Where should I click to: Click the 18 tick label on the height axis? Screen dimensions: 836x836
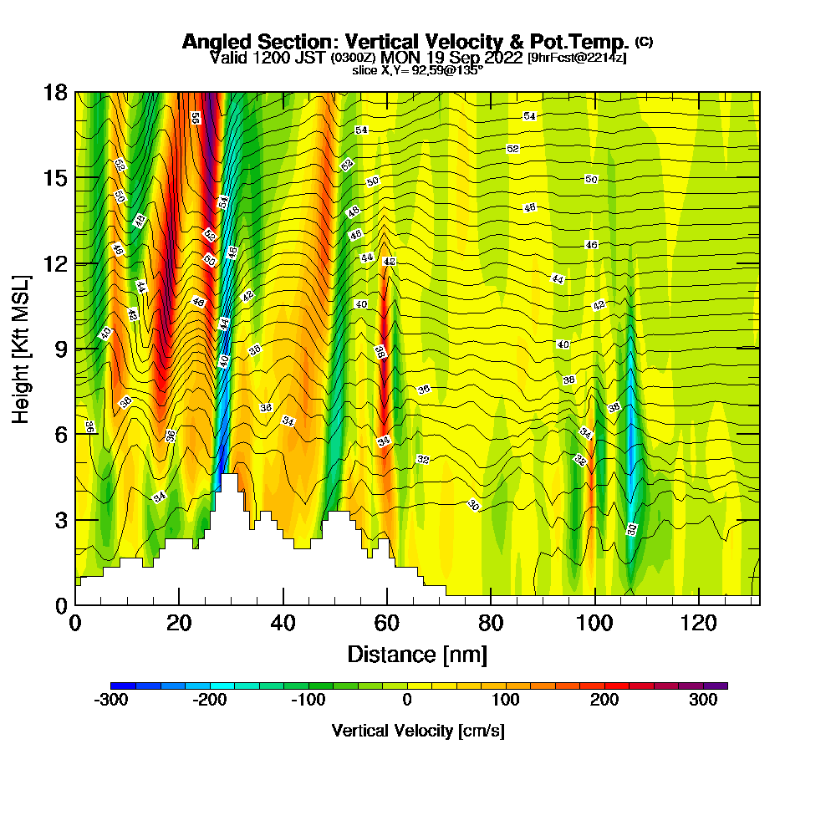(x=54, y=92)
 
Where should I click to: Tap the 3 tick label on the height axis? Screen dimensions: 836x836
(x=59, y=519)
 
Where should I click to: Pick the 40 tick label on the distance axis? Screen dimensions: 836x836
(x=283, y=623)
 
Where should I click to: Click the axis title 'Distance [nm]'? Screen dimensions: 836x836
(x=417, y=654)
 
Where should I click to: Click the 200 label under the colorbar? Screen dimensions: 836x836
(x=604, y=701)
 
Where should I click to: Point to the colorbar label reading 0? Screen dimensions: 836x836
(x=407, y=701)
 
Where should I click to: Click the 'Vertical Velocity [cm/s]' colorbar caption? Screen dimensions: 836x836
(x=418, y=731)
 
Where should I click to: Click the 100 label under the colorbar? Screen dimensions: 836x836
(x=506, y=701)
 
